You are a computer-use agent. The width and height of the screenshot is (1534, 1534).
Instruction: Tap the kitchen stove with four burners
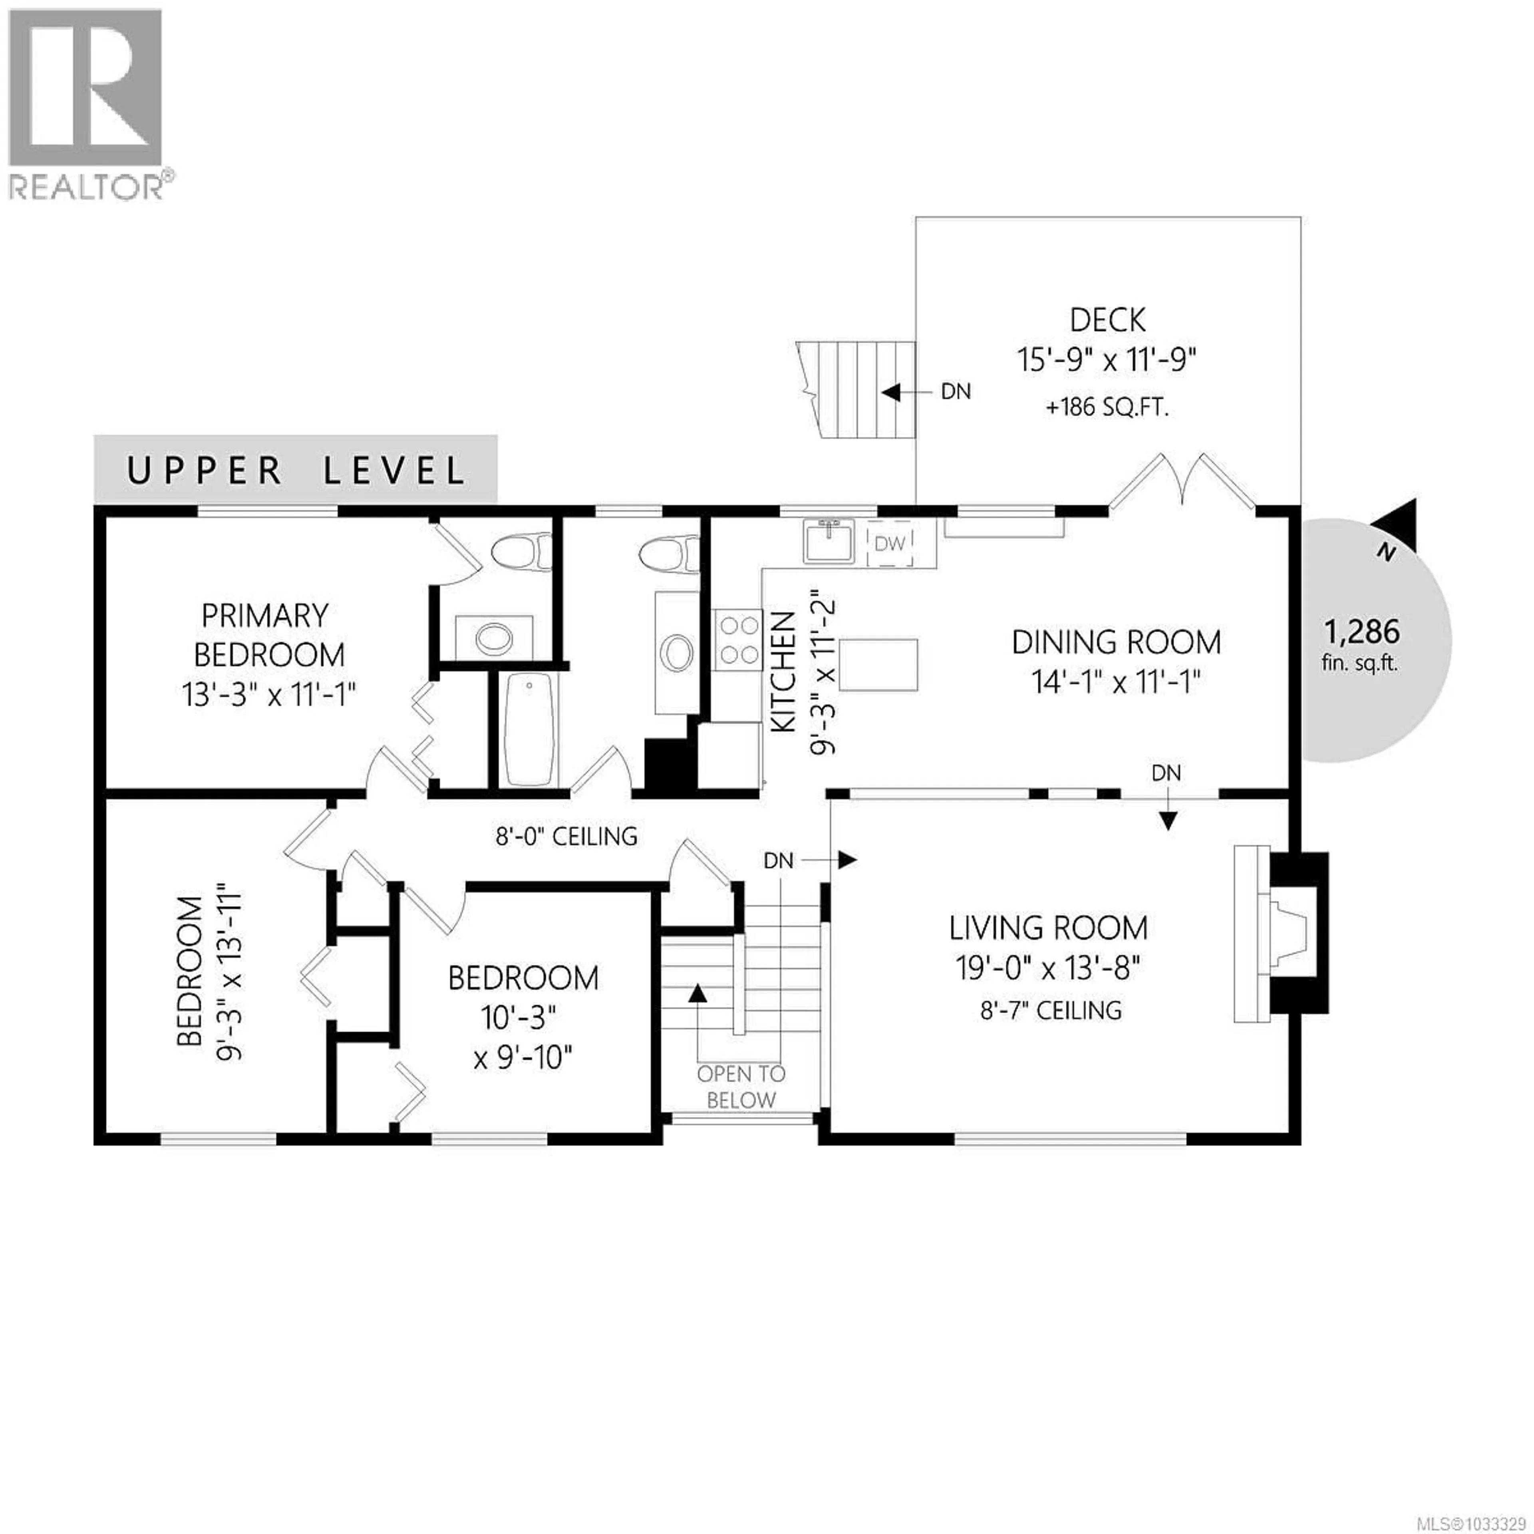coord(738,640)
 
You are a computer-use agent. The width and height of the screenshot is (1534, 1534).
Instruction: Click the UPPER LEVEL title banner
coord(295,470)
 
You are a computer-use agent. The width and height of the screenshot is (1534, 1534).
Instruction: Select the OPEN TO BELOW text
coord(741,1087)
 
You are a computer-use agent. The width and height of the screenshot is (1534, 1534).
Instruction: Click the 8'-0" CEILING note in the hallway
coord(566,836)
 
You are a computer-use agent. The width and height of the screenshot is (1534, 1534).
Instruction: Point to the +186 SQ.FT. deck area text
coord(1107,408)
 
